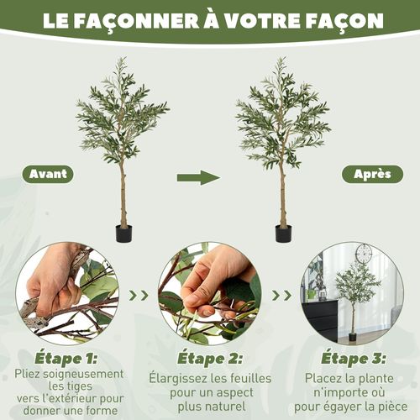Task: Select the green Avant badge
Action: point(48,175)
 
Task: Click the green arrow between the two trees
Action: point(197,176)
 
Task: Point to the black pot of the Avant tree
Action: point(123,234)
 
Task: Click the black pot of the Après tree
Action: point(283,234)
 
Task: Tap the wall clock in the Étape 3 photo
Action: point(363,253)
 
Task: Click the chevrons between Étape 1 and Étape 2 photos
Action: point(139,295)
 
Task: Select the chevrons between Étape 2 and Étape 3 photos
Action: point(285,295)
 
